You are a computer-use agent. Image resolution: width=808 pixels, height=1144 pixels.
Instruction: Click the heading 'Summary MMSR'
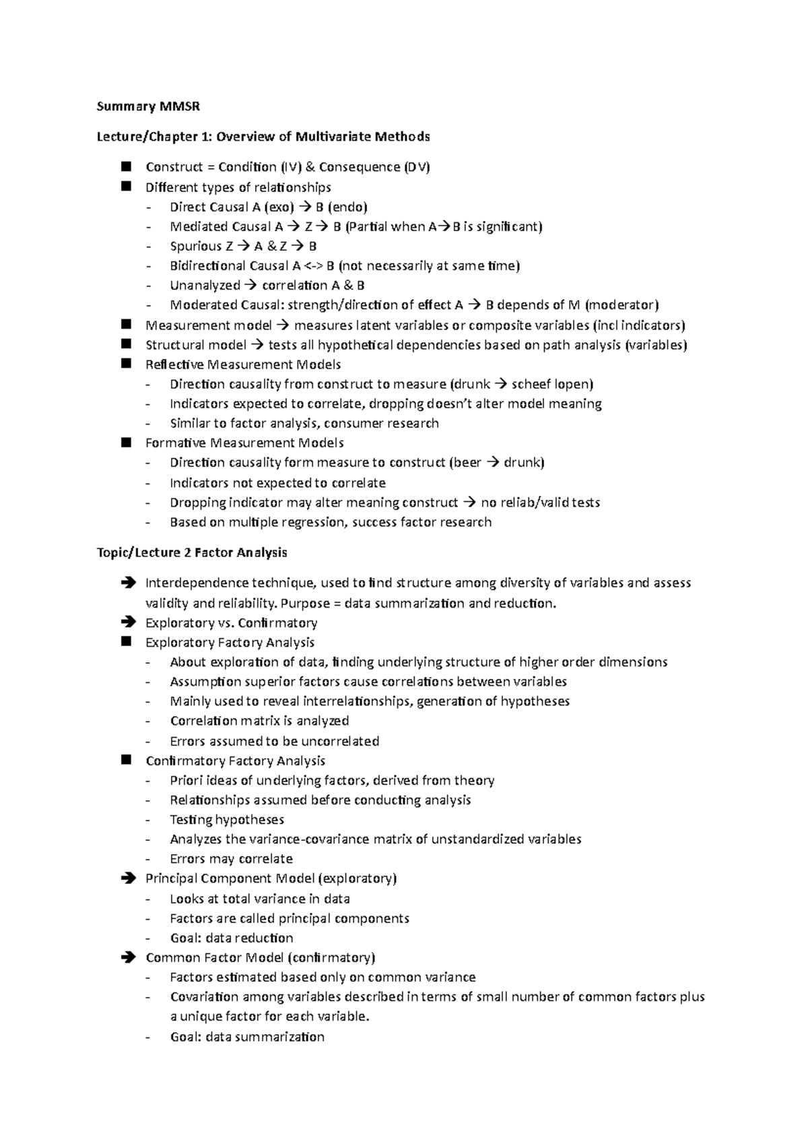[148, 106]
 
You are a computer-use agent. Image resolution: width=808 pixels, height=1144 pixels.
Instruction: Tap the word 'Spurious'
[195, 246]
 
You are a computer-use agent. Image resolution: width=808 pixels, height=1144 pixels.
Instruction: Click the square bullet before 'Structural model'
[126, 344]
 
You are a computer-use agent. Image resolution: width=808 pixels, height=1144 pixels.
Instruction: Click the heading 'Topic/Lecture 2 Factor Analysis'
[192, 552]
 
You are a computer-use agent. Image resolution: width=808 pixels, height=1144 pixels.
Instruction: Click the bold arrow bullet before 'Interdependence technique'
[127, 583]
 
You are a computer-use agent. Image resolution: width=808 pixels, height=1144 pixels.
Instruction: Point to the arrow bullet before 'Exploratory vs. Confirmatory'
[127, 623]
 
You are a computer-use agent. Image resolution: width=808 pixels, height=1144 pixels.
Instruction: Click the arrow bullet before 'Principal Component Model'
[127, 879]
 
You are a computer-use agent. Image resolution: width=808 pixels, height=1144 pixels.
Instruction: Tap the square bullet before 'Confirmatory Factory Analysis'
[126, 760]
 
